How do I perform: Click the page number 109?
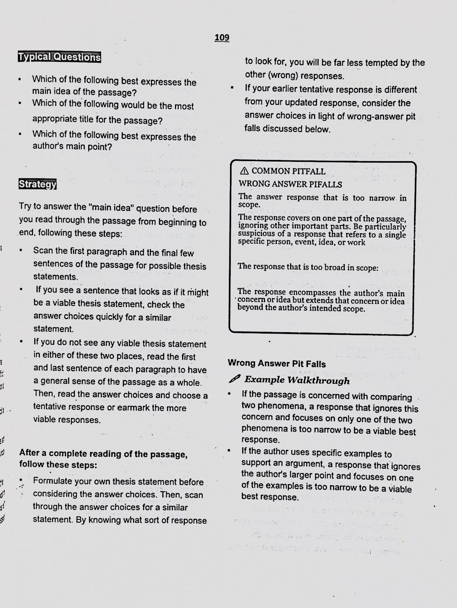point(222,38)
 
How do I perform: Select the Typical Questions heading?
point(59,57)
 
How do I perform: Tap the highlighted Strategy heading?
point(37,184)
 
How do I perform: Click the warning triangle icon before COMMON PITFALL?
point(244,171)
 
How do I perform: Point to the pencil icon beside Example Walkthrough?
point(235,379)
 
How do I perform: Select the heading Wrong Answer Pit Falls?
point(277,364)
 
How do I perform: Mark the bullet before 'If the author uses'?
point(229,451)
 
